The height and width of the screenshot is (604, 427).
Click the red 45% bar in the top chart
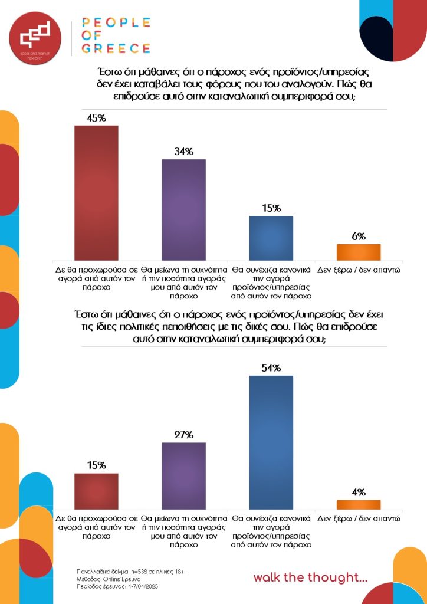point(96,192)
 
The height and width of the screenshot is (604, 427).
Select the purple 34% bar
point(183,209)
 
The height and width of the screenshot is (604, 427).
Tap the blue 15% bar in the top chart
point(271,238)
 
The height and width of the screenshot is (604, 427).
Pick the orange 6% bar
point(359,252)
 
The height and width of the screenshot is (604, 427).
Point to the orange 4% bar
point(359,504)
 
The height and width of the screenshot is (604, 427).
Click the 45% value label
point(96,118)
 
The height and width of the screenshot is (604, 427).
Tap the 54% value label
point(271,368)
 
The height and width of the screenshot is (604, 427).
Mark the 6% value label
point(359,237)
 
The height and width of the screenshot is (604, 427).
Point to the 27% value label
point(183,435)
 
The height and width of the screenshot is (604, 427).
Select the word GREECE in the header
point(116,48)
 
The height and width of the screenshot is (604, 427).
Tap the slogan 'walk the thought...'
point(310,577)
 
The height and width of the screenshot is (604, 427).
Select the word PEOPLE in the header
point(116,23)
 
